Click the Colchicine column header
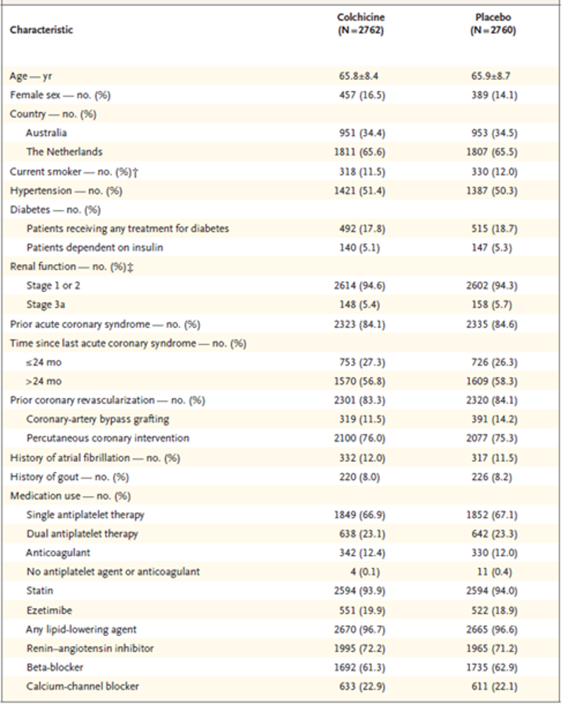[360, 24]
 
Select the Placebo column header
[493, 24]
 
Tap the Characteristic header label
[41, 30]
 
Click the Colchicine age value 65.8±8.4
[358, 76]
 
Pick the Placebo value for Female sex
[494, 95]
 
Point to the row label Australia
[46, 133]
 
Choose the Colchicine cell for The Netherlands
[359, 152]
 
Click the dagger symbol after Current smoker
[135, 172]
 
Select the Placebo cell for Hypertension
[492, 191]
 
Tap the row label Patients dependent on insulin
[95, 248]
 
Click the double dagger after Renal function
[130, 267]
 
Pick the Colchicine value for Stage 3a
[359, 305]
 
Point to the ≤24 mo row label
[44, 362]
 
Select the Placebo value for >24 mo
[492, 382]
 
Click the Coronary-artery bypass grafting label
[98, 419]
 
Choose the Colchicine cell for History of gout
[359, 477]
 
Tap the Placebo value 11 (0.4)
[494, 572]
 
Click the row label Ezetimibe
[49, 610]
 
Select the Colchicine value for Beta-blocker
[359, 668]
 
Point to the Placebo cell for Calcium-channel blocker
[494, 687]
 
